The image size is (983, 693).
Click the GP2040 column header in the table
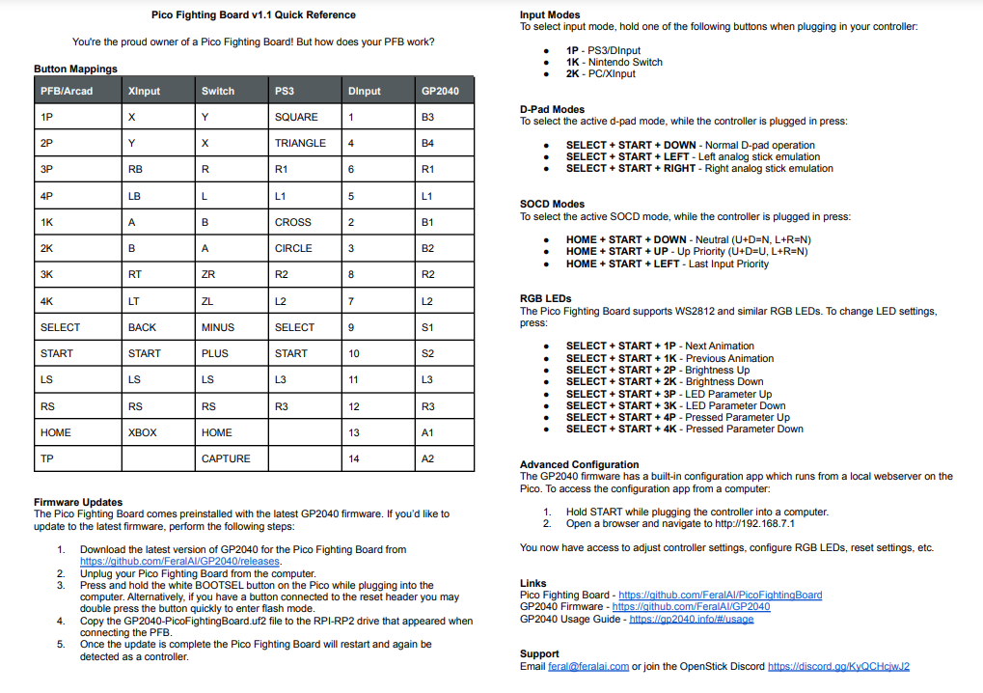(x=440, y=91)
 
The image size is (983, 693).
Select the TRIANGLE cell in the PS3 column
(x=300, y=143)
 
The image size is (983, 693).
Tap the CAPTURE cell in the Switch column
(x=226, y=458)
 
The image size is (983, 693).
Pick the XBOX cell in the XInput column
(x=142, y=432)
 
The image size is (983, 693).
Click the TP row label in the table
(x=46, y=458)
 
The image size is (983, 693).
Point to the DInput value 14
(x=354, y=458)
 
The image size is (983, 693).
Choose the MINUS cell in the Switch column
(x=218, y=327)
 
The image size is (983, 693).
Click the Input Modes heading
(x=550, y=15)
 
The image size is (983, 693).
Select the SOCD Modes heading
(x=552, y=205)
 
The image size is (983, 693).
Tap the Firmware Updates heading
(x=78, y=502)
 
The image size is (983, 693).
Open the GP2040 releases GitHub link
(x=179, y=561)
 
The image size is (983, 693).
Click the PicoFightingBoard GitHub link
(x=720, y=596)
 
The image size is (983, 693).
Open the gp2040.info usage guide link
(x=691, y=619)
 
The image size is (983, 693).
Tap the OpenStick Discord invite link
(x=838, y=666)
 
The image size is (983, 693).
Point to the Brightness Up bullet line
(x=657, y=370)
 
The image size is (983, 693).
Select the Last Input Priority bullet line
(x=667, y=263)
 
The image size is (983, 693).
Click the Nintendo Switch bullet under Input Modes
(x=614, y=62)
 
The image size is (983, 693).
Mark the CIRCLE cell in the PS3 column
(x=293, y=248)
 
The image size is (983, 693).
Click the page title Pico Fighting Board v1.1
(x=254, y=15)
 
